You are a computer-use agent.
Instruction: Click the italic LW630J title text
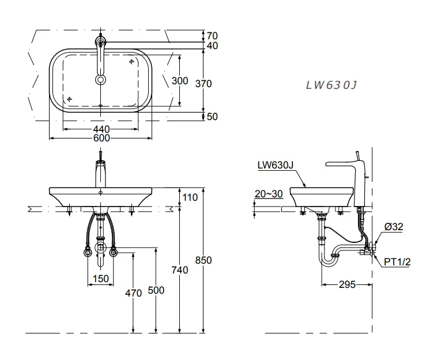(331, 85)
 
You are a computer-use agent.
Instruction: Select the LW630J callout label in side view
(276, 166)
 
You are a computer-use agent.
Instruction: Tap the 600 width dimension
(102, 138)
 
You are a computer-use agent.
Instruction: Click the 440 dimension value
(102, 129)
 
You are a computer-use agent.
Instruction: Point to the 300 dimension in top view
(180, 81)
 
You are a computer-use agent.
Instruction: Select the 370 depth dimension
(203, 84)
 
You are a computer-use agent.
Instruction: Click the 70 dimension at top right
(212, 36)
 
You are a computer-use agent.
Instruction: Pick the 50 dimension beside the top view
(212, 117)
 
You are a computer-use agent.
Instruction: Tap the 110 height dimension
(189, 198)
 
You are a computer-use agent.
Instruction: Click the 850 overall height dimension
(203, 260)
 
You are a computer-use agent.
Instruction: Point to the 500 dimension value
(156, 291)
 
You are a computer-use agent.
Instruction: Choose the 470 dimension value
(133, 293)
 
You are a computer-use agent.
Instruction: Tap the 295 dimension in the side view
(346, 284)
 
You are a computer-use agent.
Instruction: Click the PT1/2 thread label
(398, 262)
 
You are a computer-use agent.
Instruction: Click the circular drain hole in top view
(101, 80)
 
